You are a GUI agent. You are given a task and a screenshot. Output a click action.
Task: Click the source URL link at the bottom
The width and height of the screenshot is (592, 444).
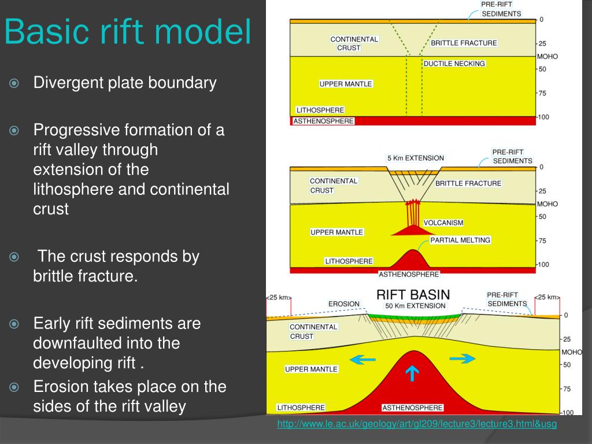(x=417, y=425)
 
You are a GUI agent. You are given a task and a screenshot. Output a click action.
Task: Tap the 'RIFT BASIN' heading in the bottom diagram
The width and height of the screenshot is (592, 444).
(x=413, y=294)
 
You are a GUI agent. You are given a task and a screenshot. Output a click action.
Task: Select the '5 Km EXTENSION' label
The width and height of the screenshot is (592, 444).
(x=415, y=158)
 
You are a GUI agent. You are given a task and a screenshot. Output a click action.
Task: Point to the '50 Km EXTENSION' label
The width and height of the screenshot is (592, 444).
(x=415, y=305)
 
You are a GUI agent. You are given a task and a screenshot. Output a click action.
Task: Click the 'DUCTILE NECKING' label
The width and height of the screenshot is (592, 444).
(x=454, y=63)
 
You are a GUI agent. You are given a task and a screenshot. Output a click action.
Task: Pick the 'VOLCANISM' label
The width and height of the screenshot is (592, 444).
(x=443, y=223)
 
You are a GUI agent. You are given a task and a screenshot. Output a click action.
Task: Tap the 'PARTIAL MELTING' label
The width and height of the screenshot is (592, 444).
(x=460, y=240)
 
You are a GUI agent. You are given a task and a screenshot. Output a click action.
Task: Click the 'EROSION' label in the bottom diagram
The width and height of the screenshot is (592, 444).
(x=344, y=304)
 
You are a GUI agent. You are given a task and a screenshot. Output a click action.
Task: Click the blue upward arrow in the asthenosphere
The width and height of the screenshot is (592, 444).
(x=412, y=374)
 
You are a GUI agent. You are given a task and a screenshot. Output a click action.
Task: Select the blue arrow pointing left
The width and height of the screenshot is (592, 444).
(x=363, y=360)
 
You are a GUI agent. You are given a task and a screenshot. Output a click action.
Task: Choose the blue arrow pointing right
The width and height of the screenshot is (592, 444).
(x=462, y=358)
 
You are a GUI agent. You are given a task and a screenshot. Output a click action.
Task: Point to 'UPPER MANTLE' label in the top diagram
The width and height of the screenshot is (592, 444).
(x=346, y=84)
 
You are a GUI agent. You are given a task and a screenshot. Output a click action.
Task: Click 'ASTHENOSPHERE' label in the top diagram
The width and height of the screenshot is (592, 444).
(x=323, y=121)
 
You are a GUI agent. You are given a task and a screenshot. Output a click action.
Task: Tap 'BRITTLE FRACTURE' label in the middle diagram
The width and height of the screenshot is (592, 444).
(x=468, y=183)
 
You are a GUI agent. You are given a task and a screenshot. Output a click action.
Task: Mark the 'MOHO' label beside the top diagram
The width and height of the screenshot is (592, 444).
(x=547, y=57)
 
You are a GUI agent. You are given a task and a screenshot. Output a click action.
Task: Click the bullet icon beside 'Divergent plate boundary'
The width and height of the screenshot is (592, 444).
(x=15, y=83)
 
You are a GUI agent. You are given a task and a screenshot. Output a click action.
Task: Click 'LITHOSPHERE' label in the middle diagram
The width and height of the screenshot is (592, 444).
(x=349, y=261)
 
